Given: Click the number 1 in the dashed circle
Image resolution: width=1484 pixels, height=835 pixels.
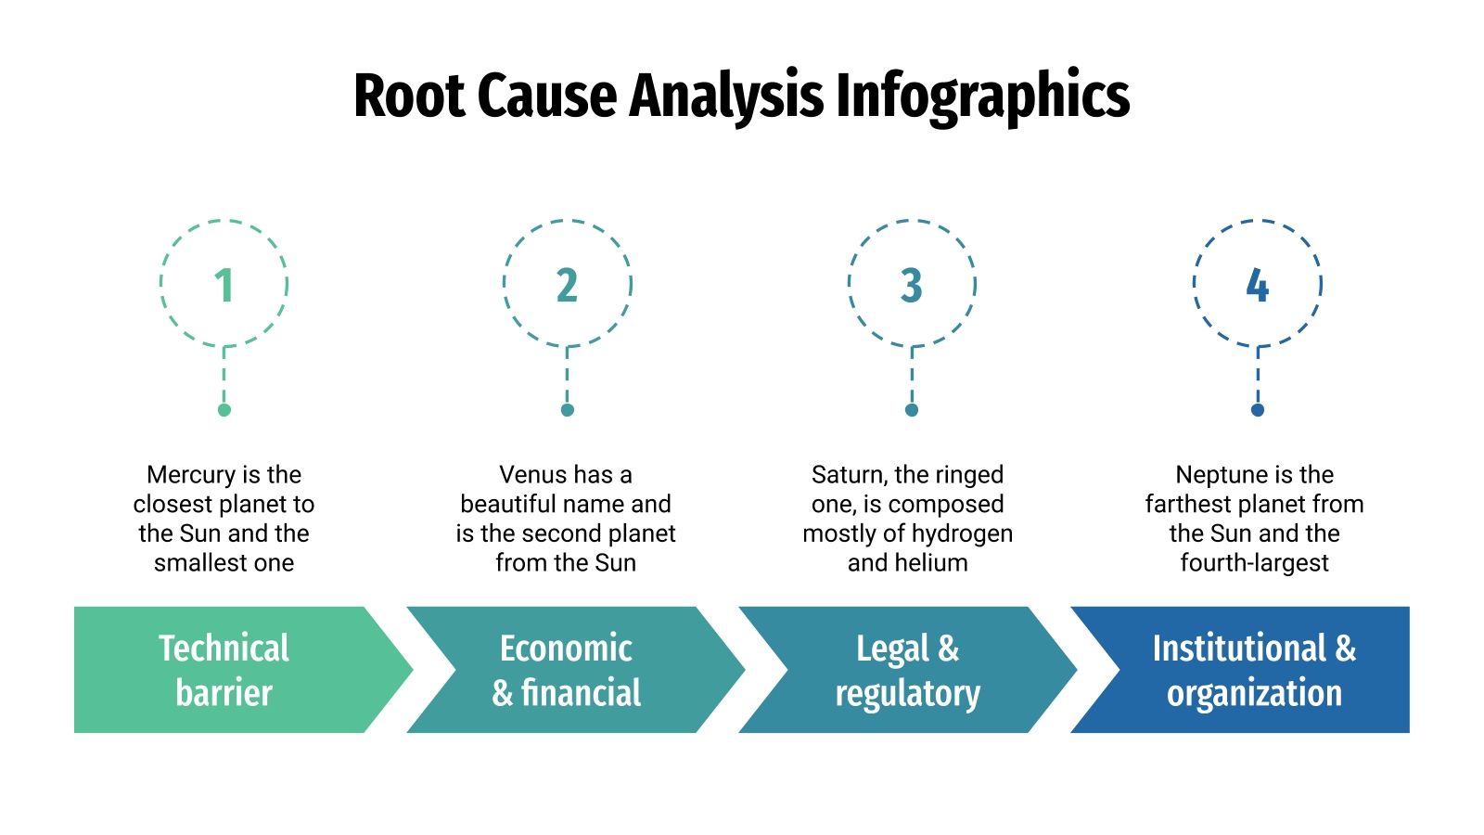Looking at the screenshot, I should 224,286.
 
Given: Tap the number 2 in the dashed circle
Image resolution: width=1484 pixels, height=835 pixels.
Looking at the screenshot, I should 567,286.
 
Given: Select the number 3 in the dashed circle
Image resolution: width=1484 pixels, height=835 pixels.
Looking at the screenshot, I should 912,286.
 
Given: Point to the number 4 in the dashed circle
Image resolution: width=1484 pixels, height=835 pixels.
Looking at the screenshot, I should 1257,286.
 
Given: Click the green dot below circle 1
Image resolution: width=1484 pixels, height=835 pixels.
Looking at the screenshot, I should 224,410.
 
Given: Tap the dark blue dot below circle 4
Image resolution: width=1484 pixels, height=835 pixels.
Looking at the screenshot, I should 1257,410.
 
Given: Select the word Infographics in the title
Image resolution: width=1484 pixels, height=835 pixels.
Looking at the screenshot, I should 982,96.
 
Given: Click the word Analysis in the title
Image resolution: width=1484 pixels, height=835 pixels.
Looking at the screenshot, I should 726,96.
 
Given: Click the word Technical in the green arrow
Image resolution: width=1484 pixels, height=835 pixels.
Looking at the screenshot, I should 224,649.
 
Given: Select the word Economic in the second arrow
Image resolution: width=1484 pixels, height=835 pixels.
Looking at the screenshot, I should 566,649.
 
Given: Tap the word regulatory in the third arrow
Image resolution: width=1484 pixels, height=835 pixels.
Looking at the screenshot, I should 907,693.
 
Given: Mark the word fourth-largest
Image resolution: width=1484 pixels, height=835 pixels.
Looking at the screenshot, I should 1254,563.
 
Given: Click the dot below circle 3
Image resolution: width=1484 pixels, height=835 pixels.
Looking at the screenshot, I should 912,410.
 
